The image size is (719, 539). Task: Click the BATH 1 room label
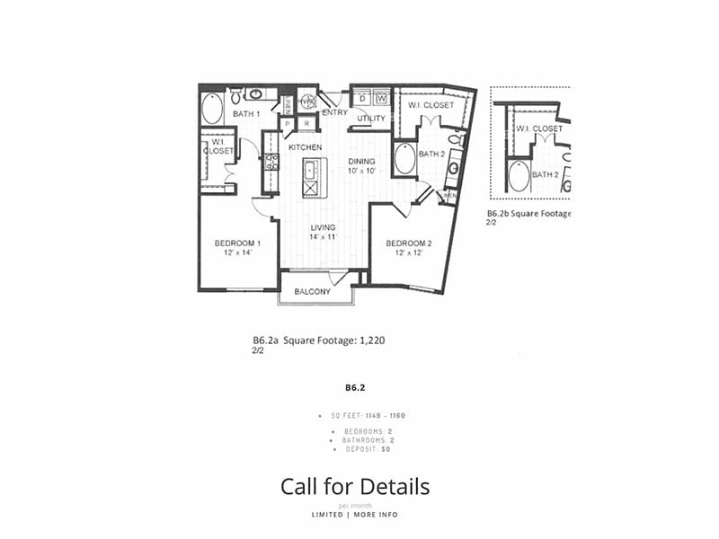click(246, 114)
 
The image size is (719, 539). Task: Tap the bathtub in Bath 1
click(212, 109)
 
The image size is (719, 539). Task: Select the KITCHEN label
click(305, 146)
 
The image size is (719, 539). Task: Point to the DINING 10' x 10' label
click(364, 166)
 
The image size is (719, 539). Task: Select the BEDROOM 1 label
click(237, 248)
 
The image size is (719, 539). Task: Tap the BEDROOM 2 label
click(409, 248)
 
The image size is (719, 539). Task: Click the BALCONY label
click(313, 292)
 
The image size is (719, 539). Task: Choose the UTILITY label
click(371, 119)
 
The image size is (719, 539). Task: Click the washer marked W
click(381, 97)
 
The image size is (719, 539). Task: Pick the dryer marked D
click(363, 97)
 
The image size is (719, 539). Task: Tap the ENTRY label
click(334, 113)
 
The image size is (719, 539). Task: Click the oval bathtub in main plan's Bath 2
click(404, 159)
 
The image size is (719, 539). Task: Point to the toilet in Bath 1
click(235, 94)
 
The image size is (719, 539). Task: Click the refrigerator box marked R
click(306, 123)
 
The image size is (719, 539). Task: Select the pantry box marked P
click(288, 123)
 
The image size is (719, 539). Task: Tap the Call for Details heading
click(355, 487)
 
